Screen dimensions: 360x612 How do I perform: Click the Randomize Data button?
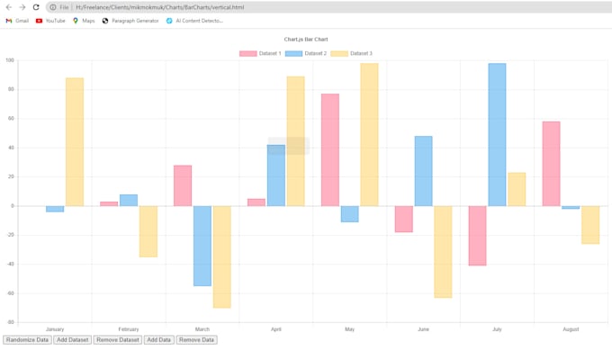click(x=27, y=340)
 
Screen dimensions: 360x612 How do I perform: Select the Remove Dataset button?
click(x=118, y=340)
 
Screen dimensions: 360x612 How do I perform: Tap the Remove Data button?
click(x=196, y=340)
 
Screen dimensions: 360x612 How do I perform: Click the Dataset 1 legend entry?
click(x=260, y=54)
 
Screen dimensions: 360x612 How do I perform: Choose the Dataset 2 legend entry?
click(x=306, y=54)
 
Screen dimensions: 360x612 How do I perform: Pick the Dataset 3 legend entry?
click(x=351, y=54)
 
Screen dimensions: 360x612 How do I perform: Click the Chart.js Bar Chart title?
click(x=306, y=40)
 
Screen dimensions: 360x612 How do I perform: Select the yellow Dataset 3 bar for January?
click(x=75, y=141)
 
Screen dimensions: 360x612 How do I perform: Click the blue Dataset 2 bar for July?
click(x=497, y=135)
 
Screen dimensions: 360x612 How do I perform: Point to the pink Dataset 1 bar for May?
click(x=330, y=149)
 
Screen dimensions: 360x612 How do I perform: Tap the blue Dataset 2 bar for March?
click(x=202, y=246)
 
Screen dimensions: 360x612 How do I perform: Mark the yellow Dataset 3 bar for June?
click(x=443, y=251)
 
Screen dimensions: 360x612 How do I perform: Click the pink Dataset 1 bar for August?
click(x=551, y=163)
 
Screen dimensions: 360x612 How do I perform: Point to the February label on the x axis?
click(x=129, y=329)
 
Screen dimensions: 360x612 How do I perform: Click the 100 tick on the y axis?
click(x=10, y=60)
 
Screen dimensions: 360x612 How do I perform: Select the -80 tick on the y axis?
click(x=10, y=321)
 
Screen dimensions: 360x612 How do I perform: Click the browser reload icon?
click(x=36, y=7)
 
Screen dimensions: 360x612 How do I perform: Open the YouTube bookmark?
click(x=50, y=21)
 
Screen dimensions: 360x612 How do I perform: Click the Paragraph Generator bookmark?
click(x=130, y=21)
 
